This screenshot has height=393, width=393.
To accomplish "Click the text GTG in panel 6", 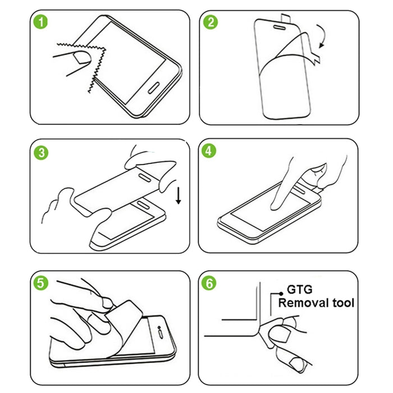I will (x=301, y=291).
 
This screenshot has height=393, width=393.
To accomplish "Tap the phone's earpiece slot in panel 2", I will (x=278, y=26).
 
